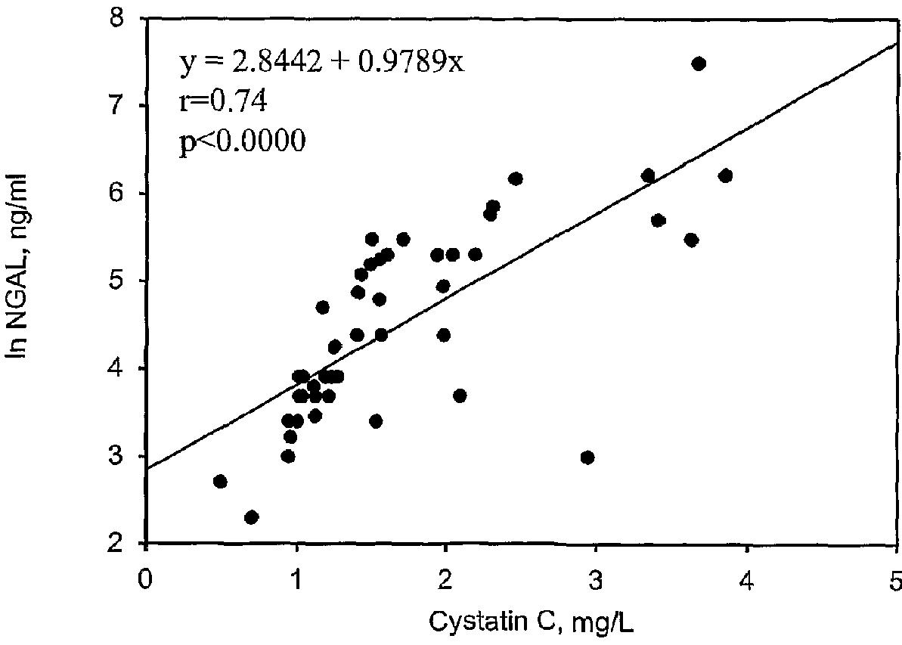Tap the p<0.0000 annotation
click(x=242, y=141)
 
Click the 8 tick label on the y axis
click(x=126, y=17)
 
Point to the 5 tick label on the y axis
click(x=126, y=281)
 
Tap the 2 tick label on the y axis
click(x=126, y=544)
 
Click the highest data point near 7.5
click(x=699, y=64)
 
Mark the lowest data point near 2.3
click(x=252, y=517)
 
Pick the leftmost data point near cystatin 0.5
click(x=220, y=482)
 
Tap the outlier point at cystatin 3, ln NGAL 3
click(x=587, y=457)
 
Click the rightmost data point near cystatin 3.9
click(x=725, y=176)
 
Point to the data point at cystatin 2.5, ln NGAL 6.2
click(x=516, y=178)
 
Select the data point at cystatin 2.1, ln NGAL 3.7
click(x=459, y=395)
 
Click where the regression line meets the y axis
click(x=146, y=470)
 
